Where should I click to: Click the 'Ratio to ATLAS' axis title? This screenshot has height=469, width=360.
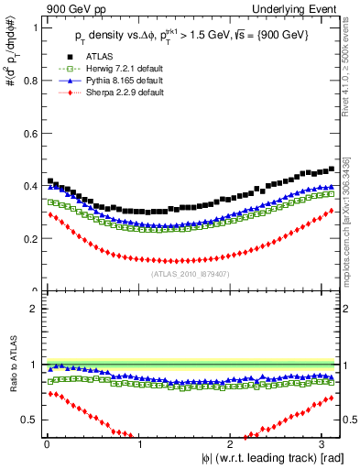(10, 365)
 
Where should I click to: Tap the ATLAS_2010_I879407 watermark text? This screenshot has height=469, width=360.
(191, 273)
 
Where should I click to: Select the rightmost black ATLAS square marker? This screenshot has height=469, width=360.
(332, 169)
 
